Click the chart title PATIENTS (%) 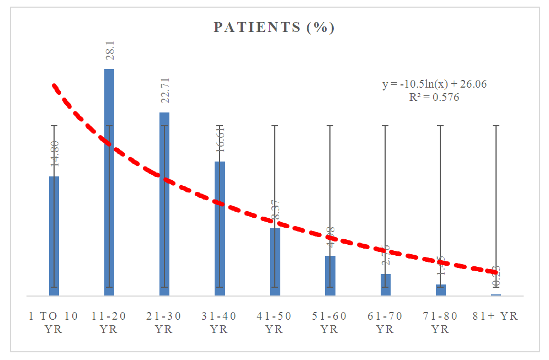tap(274, 28)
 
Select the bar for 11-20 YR tap(109, 182)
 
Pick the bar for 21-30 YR tap(164, 204)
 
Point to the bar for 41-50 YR tap(275, 262)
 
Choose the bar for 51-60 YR tap(330, 276)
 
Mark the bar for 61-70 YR tap(385, 284)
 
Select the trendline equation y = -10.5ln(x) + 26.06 tap(434, 84)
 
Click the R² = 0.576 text tap(434, 98)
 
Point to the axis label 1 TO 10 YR tap(54, 323)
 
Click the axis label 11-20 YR tap(109, 323)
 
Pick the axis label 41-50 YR tap(274, 323)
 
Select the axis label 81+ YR tap(495, 316)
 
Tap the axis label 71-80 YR tap(440, 323)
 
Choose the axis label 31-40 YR tap(219, 323)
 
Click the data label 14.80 tap(55, 154)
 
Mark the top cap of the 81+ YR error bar tap(495, 126)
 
